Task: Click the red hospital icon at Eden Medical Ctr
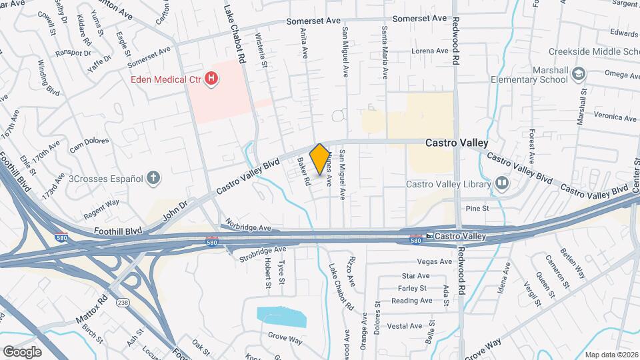point(211,79)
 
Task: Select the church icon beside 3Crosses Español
point(153,178)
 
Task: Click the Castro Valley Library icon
point(501,183)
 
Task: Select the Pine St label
point(477,209)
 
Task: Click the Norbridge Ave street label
point(247,225)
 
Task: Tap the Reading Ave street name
point(412,301)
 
